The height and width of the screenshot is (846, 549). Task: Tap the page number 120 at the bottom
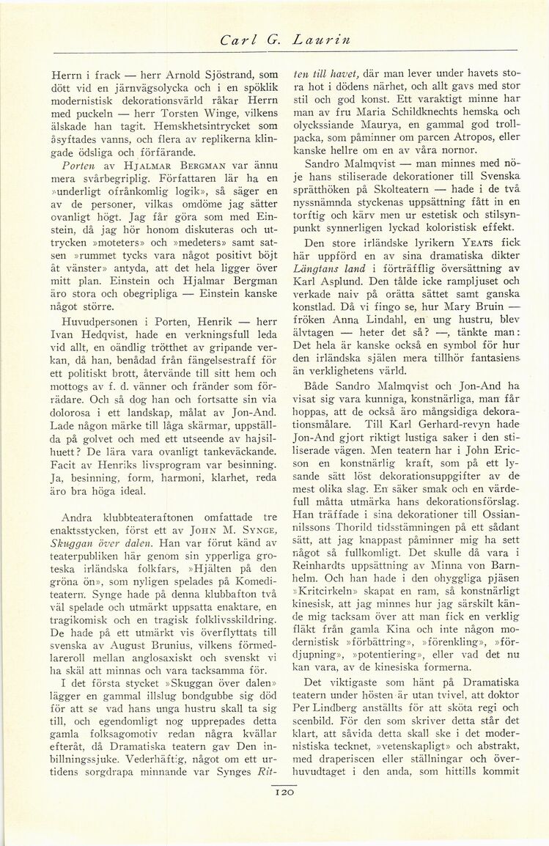pos(284,792)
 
